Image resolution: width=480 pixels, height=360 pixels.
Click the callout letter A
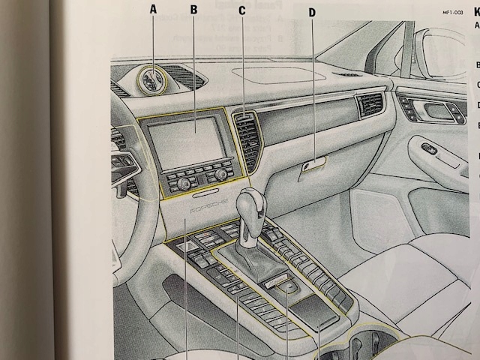[154, 10]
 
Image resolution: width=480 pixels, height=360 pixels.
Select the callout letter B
[193, 10]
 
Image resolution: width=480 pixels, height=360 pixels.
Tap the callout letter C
[241, 10]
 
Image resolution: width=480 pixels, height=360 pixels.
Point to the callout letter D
[312, 12]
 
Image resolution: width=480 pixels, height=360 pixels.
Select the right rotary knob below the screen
[220, 174]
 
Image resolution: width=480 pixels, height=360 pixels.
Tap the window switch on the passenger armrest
[429, 149]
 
